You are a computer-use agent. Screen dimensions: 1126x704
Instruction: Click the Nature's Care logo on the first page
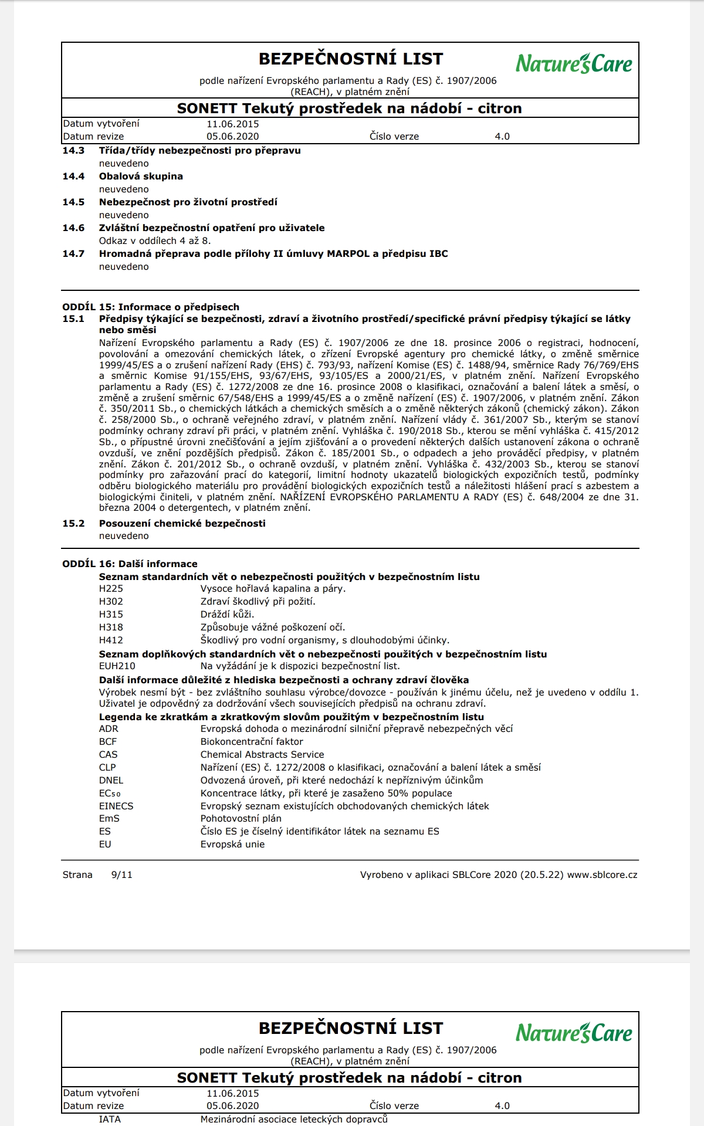tap(574, 63)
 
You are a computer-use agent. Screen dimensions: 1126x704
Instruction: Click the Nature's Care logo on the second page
tap(574, 1033)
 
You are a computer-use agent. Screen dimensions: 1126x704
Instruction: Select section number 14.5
tap(73, 202)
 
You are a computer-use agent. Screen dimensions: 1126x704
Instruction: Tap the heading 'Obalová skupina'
tap(141, 176)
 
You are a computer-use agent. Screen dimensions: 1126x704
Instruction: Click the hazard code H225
tap(111, 588)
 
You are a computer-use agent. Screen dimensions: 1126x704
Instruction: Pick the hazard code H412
tap(111, 640)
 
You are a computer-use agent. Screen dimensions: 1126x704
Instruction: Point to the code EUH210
tap(117, 666)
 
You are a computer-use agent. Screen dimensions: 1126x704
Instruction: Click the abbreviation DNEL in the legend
tap(111, 780)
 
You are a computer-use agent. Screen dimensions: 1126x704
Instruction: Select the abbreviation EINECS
tap(116, 806)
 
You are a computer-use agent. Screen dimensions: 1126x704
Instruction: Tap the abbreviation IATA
tap(110, 1119)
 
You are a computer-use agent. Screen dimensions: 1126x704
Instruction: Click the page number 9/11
tap(121, 874)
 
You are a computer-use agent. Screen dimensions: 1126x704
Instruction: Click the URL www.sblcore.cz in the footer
tap(602, 874)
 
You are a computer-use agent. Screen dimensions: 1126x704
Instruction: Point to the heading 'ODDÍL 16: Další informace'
tap(130, 564)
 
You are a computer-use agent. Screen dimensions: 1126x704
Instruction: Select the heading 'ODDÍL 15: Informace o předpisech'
tap(151, 307)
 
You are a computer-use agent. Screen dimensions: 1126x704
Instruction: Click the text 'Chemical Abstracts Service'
tap(262, 754)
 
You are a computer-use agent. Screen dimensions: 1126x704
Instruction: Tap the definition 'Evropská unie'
tap(232, 844)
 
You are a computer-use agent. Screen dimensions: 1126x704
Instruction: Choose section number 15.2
tap(73, 523)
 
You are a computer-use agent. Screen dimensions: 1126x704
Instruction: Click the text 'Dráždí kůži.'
tap(227, 614)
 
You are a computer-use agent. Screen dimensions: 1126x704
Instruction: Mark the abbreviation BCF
tap(108, 741)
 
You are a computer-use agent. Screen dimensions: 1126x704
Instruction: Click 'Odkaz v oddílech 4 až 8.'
tap(155, 240)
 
